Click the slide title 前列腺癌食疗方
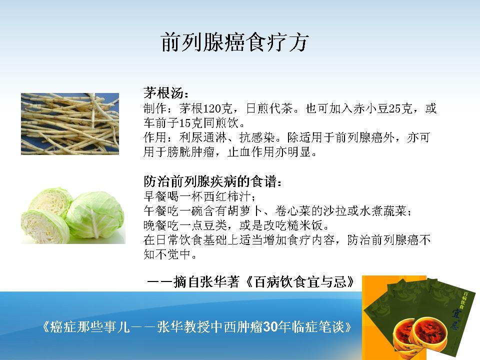coord(234,42)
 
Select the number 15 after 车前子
coord(185,123)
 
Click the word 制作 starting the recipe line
coord(155,108)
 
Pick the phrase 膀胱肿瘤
coord(191,152)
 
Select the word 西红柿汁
coord(227,196)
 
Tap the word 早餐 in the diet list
coord(155,196)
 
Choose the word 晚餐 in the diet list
coord(155,225)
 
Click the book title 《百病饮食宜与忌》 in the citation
coord(300,281)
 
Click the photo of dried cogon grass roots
coord(70,124)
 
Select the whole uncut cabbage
coord(95,215)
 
